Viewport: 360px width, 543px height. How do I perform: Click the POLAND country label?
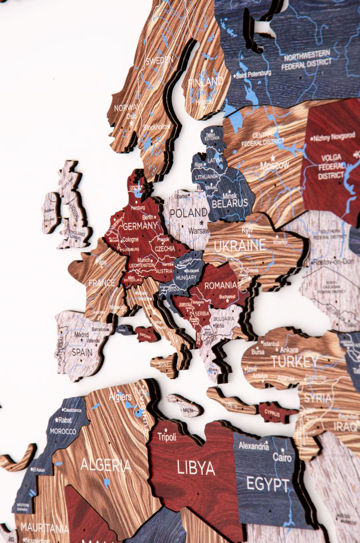[188, 212]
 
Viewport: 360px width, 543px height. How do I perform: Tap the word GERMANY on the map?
[140, 225]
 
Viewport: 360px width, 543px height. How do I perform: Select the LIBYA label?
[196, 467]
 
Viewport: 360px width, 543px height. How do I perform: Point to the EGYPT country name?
[268, 484]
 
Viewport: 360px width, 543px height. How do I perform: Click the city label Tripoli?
[167, 437]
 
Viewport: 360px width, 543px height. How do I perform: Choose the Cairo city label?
[282, 457]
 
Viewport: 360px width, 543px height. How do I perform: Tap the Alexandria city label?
[254, 446]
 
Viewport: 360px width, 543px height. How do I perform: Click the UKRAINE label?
[240, 246]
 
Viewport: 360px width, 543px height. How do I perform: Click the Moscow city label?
[275, 165]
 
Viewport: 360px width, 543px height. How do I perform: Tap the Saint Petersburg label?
[253, 74]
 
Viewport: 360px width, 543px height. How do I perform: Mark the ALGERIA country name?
[105, 464]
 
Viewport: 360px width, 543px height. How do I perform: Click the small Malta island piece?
[186, 407]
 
